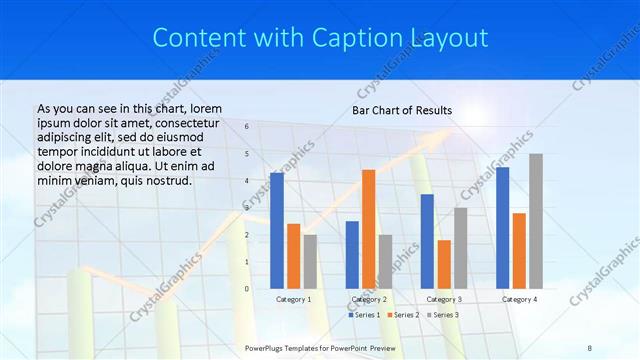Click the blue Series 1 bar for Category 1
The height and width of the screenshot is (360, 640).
(x=277, y=231)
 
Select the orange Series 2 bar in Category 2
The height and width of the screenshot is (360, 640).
(x=369, y=229)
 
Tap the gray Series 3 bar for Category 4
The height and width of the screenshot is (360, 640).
(x=536, y=221)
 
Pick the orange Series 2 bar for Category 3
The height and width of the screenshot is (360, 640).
(x=444, y=264)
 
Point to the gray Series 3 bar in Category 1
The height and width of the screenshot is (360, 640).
(x=310, y=262)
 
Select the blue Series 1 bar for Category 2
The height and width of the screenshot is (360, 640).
(x=352, y=255)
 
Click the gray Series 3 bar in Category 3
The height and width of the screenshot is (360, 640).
(x=460, y=248)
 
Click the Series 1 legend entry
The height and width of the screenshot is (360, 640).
(x=364, y=315)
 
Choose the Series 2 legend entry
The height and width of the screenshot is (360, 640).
(x=403, y=315)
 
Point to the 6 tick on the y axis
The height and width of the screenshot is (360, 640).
(x=247, y=127)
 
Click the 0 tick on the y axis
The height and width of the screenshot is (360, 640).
(x=247, y=289)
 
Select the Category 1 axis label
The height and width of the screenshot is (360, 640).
(x=294, y=299)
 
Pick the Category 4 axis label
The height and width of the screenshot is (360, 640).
(x=519, y=299)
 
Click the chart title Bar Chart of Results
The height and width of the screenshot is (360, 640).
(x=402, y=110)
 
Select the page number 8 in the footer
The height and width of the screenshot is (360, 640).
(x=590, y=347)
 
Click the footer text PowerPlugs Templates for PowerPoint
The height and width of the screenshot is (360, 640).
(x=310, y=347)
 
